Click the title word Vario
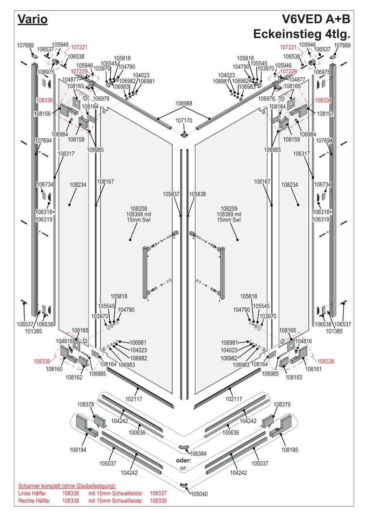(x=32, y=19)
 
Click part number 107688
(x=25, y=45)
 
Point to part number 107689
(x=342, y=45)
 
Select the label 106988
(x=184, y=104)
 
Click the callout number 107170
(x=184, y=120)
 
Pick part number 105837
(x=171, y=194)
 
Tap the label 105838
(x=197, y=194)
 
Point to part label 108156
(x=42, y=114)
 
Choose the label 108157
(x=326, y=114)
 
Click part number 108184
(x=78, y=450)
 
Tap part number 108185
(x=290, y=450)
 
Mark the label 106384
(x=198, y=454)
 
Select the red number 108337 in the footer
(x=158, y=494)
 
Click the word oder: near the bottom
(x=183, y=461)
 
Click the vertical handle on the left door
(x=145, y=272)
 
